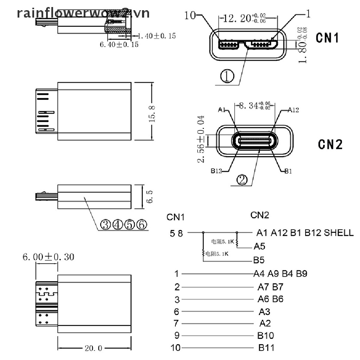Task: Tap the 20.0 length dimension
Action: [x=93, y=348]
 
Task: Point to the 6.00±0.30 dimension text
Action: [x=48, y=257]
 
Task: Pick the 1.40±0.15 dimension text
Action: [x=156, y=36]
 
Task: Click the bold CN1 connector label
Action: [x=327, y=38]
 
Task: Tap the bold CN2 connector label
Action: [x=330, y=144]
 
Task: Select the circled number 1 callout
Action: [x=227, y=76]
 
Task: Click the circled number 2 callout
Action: [x=242, y=180]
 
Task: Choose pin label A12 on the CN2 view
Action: [x=293, y=110]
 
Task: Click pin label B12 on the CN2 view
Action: [x=216, y=171]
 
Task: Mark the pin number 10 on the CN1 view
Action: [x=189, y=15]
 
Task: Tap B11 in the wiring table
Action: [x=266, y=348]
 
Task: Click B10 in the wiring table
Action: [x=266, y=335]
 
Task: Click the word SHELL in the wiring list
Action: [x=339, y=232]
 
